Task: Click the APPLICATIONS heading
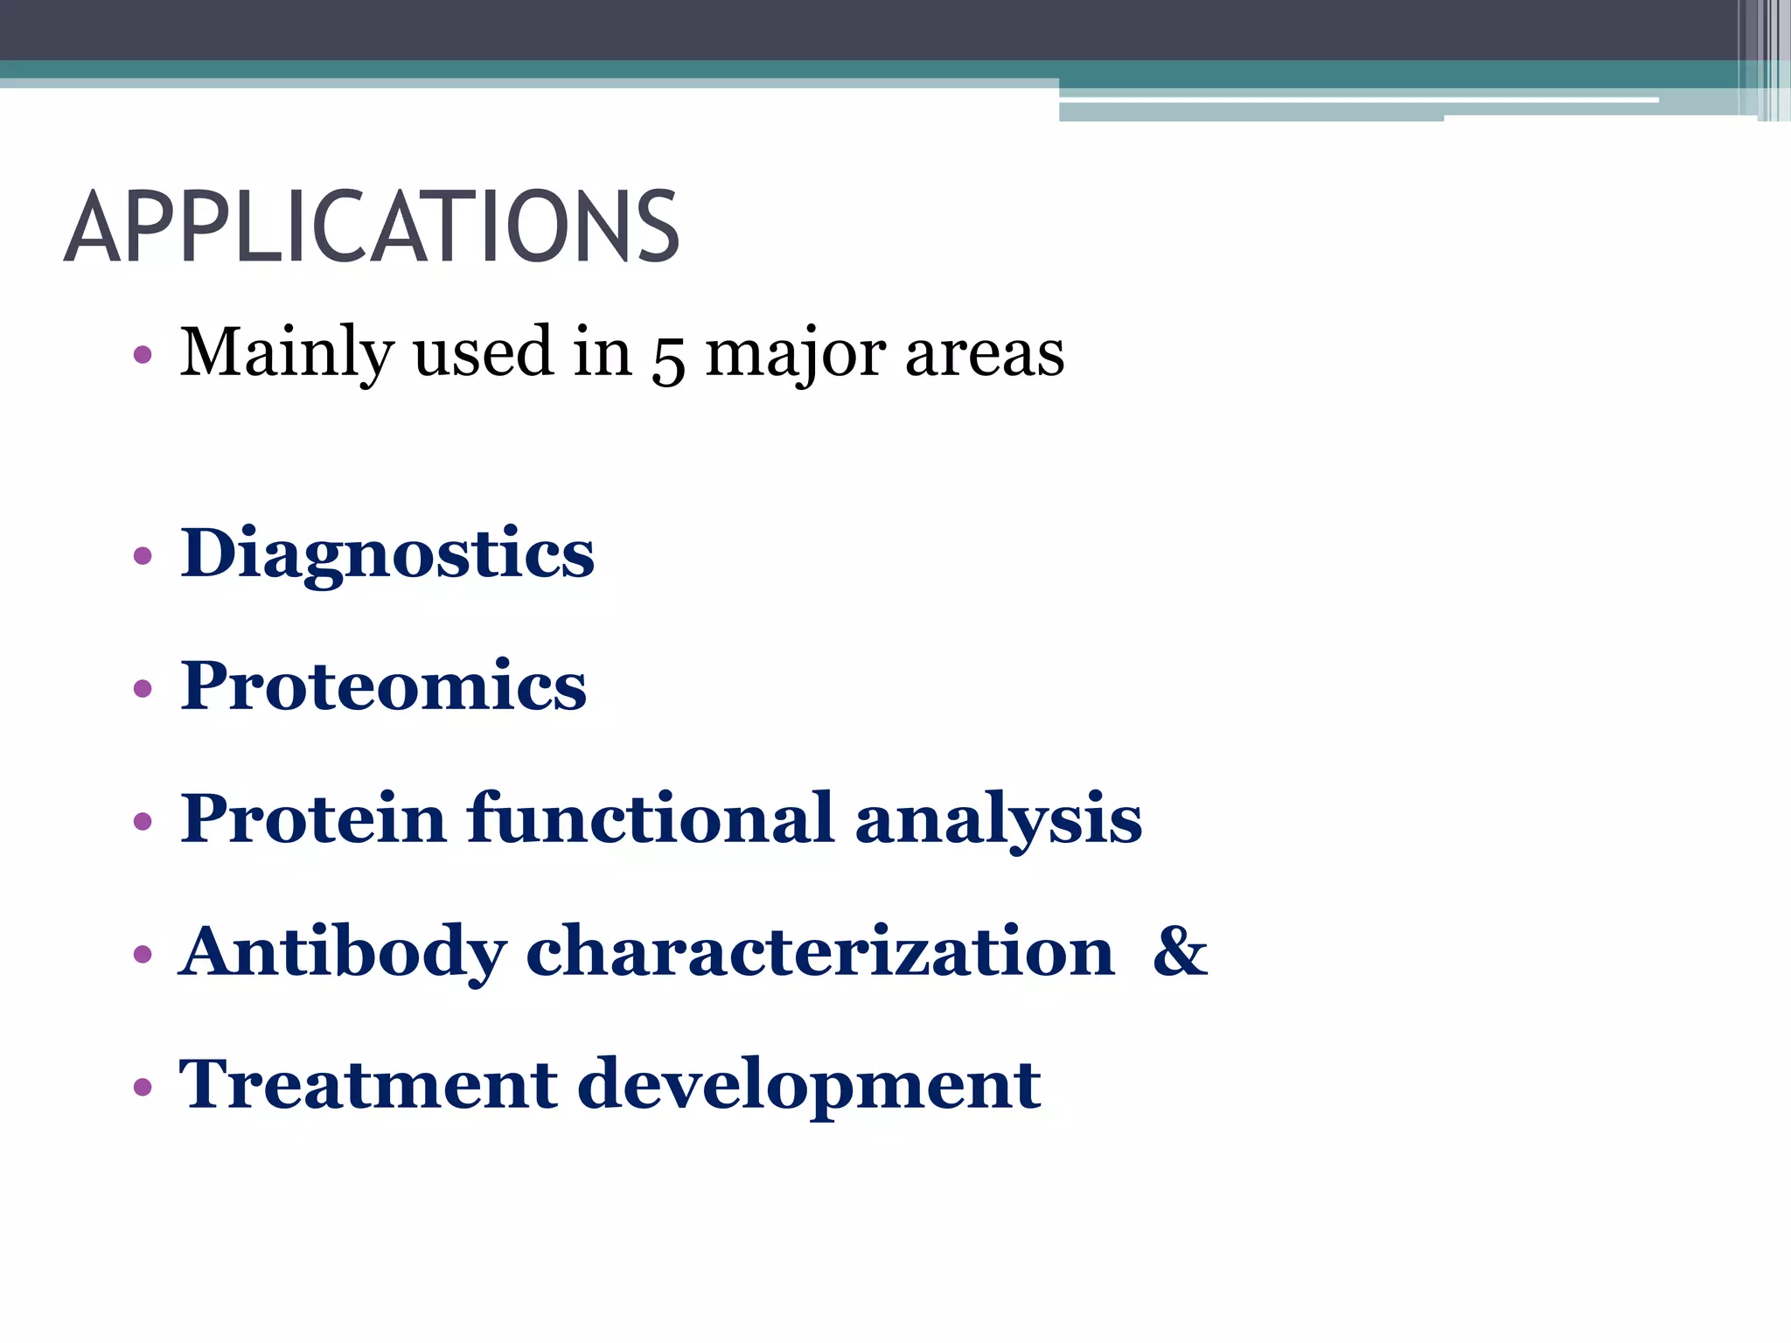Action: [372, 227]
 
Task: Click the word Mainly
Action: [286, 352]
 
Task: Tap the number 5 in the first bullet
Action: [667, 358]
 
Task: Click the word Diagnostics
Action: [387, 554]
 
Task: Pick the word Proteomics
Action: [383, 686]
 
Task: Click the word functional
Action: [651, 818]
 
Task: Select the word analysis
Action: [998, 820]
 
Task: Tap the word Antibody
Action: [342, 951]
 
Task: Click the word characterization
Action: [819, 951]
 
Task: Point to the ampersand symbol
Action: [1180, 951]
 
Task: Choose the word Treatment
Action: [367, 1084]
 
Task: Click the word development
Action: [809, 1086]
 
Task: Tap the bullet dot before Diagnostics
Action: [143, 556]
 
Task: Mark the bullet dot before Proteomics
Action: [143, 689]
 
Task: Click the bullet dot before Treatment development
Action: [143, 1087]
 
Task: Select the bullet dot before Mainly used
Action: [143, 356]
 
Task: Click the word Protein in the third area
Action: [313, 818]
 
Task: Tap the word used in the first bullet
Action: [483, 352]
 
